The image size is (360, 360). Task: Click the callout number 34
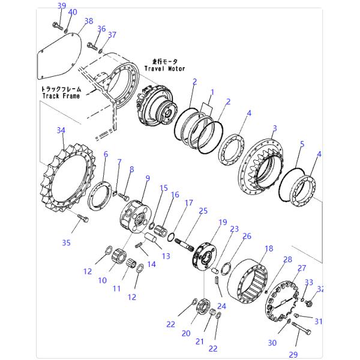(x=61, y=130)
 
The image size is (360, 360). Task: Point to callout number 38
(x=89, y=21)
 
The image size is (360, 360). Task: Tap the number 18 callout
(x=268, y=248)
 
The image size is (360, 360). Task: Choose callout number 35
(x=66, y=242)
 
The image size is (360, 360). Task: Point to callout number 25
(x=203, y=211)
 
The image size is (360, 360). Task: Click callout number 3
(x=274, y=128)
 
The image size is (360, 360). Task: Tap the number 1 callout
(x=211, y=92)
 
